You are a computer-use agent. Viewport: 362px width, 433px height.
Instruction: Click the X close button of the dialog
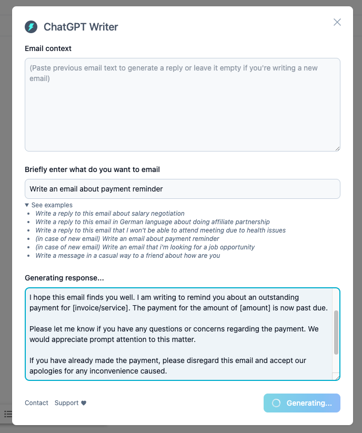(337, 22)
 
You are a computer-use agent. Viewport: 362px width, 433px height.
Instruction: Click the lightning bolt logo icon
(31, 27)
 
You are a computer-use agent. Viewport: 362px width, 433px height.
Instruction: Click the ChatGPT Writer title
(81, 27)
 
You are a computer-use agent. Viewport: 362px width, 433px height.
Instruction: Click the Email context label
(48, 48)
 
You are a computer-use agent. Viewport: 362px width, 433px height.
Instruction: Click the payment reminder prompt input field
(182, 189)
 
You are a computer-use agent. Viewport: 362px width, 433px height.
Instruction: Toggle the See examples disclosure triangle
(27, 205)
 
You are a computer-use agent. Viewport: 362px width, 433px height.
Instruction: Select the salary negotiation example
(110, 214)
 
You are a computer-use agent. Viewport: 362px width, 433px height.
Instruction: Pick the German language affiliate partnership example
(152, 222)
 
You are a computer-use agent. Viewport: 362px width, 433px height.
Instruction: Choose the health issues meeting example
(160, 230)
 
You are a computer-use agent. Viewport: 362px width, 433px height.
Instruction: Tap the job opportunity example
(145, 247)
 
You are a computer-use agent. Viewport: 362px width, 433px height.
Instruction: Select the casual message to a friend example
(127, 256)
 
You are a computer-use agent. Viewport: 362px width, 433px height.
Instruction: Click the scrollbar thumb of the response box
(336, 332)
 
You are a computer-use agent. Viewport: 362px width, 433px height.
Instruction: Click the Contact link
(36, 403)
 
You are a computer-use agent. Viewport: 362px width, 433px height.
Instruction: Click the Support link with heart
(71, 403)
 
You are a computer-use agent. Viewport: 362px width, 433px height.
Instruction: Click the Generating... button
(302, 403)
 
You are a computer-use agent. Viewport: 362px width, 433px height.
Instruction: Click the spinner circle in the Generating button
(276, 403)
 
